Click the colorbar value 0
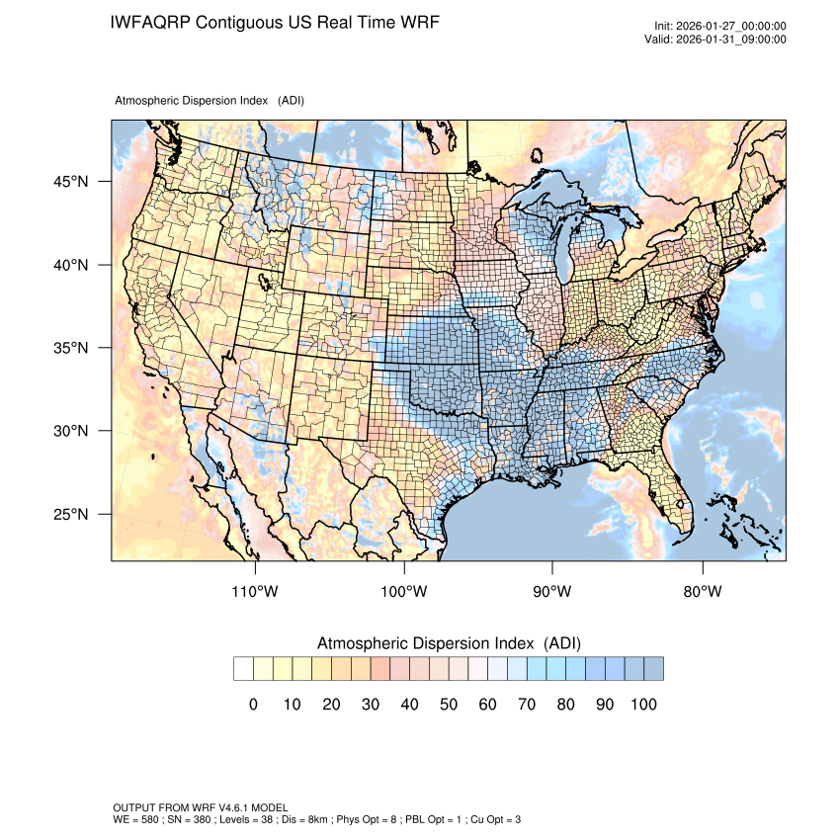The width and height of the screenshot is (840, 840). [x=253, y=705]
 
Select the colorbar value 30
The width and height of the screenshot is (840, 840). [x=370, y=705]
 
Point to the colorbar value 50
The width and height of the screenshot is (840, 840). [x=448, y=705]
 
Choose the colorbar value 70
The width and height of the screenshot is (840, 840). [x=526, y=705]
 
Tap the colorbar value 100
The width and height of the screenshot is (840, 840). [x=642, y=705]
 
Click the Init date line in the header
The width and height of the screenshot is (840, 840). [x=720, y=27]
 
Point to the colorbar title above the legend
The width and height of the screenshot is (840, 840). [x=449, y=643]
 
